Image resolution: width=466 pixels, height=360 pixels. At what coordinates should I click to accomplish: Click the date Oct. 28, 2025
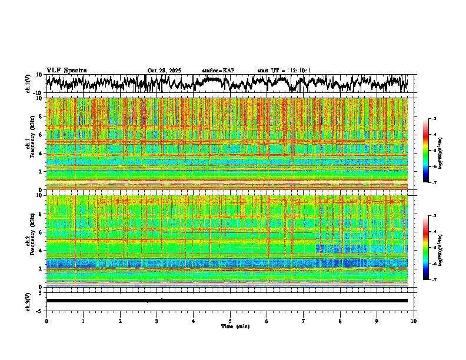[x=164, y=71]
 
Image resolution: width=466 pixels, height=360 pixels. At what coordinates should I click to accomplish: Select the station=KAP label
[x=218, y=71]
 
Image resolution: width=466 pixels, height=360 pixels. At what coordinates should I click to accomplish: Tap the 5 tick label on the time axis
[x=230, y=321]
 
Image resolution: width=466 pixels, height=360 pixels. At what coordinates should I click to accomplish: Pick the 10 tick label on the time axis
[x=414, y=321]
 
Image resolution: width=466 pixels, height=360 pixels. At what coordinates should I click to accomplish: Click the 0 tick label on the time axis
[x=46, y=321]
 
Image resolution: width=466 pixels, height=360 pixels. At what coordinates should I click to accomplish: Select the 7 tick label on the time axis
[x=304, y=321]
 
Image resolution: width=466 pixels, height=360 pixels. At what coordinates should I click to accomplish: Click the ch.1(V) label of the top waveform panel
[x=28, y=84]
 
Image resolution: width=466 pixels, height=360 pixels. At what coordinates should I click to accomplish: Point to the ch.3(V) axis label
[x=28, y=301]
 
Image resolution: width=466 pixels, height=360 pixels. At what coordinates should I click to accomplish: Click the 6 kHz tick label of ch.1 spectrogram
[x=41, y=135]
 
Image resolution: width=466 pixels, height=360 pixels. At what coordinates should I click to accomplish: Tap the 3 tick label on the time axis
[x=157, y=321]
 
